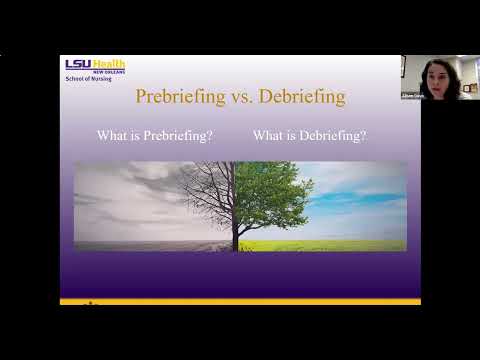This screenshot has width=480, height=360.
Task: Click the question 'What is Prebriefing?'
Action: pyautogui.click(x=155, y=135)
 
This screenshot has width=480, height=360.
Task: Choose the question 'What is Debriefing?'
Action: pyautogui.click(x=309, y=135)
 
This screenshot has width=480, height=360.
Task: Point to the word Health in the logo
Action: pyautogui.click(x=109, y=63)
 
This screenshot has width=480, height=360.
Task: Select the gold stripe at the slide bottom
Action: pyautogui.click(x=240, y=300)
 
